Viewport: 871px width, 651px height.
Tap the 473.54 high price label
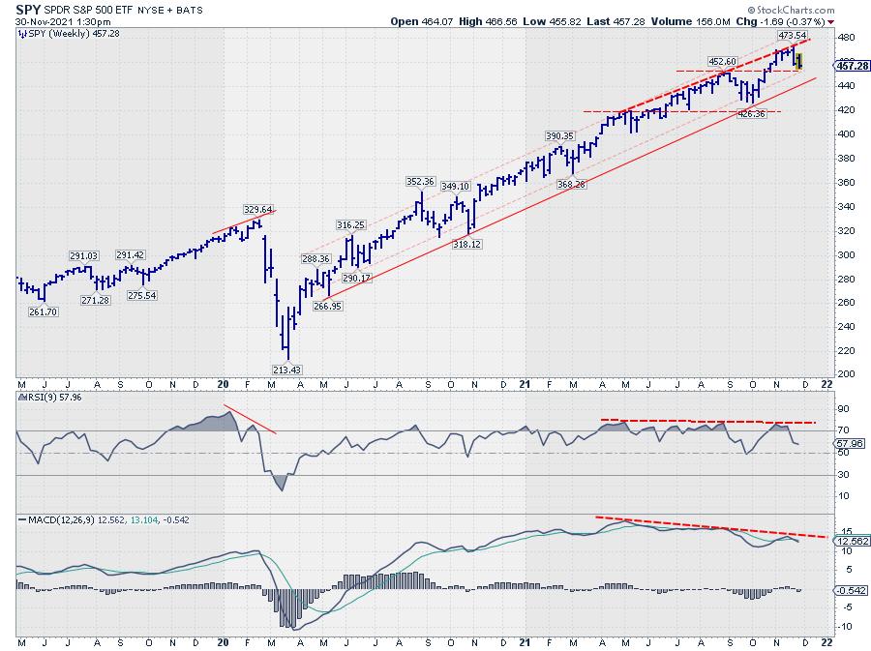click(x=793, y=35)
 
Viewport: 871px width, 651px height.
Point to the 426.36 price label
click(x=752, y=114)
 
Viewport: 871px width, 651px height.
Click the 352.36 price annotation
click(x=421, y=181)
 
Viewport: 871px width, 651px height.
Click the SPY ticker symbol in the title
click(x=28, y=8)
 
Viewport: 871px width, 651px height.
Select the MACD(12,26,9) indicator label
click(x=58, y=520)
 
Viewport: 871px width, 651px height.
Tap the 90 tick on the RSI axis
click(x=842, y=408)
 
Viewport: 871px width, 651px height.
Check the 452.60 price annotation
click(x=723, y=61)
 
